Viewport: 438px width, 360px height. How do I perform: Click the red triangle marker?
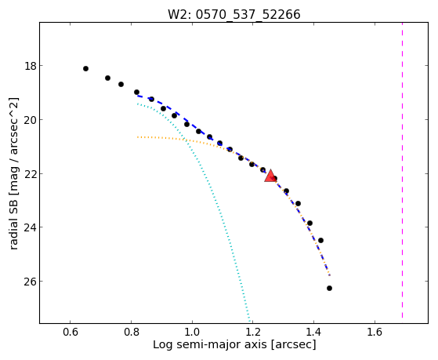coord(270,176)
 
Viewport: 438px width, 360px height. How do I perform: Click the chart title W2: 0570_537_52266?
coord(234,14)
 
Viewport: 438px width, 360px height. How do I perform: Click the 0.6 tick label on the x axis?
coord(70,332)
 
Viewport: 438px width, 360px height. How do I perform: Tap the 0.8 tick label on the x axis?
coord(132,332)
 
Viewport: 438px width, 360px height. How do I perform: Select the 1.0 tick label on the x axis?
coord(192,332)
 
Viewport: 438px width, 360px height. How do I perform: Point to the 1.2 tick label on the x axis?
coord(253,332)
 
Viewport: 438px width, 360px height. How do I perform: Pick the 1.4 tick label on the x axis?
coord(313,332)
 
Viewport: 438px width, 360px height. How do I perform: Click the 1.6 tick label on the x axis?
coord(375,332)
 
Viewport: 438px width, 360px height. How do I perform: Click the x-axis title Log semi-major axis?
coord(210,344)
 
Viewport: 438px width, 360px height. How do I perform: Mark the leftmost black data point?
coord(85,68)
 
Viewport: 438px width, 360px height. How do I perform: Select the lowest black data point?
coord(329,288)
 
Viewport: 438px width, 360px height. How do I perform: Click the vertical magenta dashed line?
coord(402,170)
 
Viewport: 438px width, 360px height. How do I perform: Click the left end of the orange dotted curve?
coord(137,137)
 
